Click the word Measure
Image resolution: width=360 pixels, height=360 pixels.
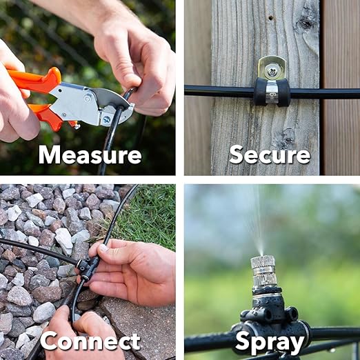(90, 154)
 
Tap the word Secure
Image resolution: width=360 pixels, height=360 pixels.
(270, 154)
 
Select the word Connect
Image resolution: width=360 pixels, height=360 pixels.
(90, 341)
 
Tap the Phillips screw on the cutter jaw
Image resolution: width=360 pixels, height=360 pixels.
(107, 119)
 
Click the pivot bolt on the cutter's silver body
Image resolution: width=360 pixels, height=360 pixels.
(88, 99)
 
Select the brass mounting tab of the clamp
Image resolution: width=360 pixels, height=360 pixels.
(271, 68)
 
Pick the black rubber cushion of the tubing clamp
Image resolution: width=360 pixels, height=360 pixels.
(272, 92)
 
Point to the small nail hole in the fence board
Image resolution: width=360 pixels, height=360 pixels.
(271, 17)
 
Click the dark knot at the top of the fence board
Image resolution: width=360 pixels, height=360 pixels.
(305, 22)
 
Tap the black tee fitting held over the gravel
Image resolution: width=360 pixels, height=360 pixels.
(88, 268)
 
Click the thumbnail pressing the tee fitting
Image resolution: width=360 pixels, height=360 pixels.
(103, 248)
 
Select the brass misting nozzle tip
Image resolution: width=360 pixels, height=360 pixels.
(263, 271)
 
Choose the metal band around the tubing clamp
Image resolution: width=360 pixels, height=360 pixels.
(271, 92)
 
